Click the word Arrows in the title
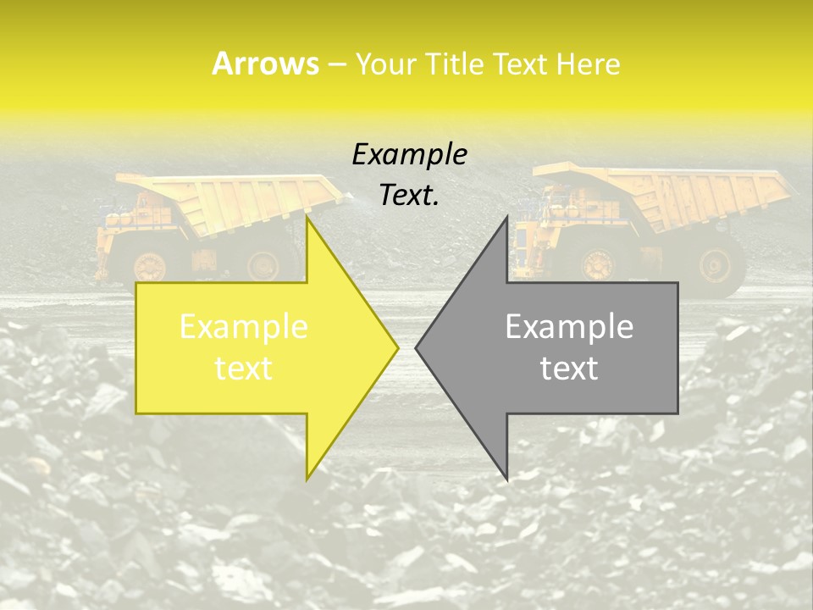[x=264, y=64]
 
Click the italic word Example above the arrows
[x=409, y=154]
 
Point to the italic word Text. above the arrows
[x=409, y=195]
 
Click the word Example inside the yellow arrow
[x=244, y=326]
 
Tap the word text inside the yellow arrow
[x=244, y=369]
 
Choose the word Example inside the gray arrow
[x=569, y=326]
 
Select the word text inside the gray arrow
[x=569, y=369]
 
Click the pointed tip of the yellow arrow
[x=398, y=347]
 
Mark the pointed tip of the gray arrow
[x=416, y=347]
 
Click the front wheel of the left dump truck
[x=151, y=266]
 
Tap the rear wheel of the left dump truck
[x=263, y=264]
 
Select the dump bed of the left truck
[x=229, y=199]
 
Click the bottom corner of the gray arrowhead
[x=506, y=479]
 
